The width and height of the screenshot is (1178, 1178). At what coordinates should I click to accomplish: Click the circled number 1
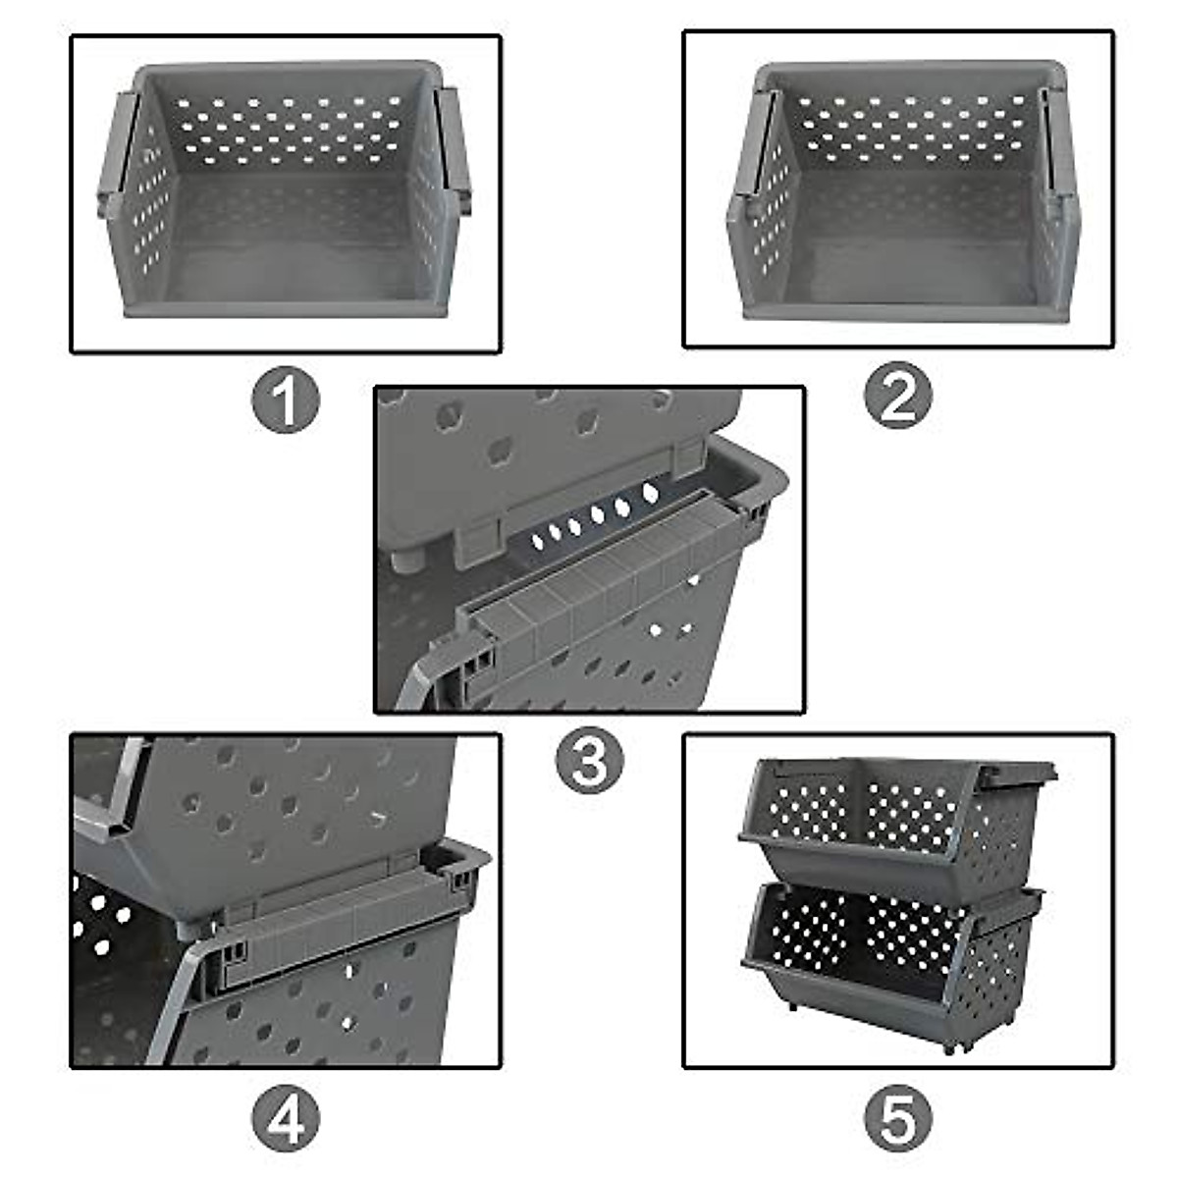pyautogui.click(x=286, y=402)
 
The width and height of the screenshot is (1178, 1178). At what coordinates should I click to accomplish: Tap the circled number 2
pyautogui.click(x=897, y=396)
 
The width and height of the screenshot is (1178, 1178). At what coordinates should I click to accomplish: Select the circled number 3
pyautogui.click(x=589, y=761)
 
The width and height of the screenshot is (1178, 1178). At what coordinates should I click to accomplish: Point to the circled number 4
pyautogui.click(x=286, y=1118)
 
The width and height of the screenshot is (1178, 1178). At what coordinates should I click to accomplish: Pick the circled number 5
pyautogui.click(x=897, y=1118)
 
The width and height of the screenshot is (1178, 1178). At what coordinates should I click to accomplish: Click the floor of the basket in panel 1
pyautogui.click(x=285, y=275)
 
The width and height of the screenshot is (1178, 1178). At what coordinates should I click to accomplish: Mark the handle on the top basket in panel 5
pyautogui.click(x=1016, y=776)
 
